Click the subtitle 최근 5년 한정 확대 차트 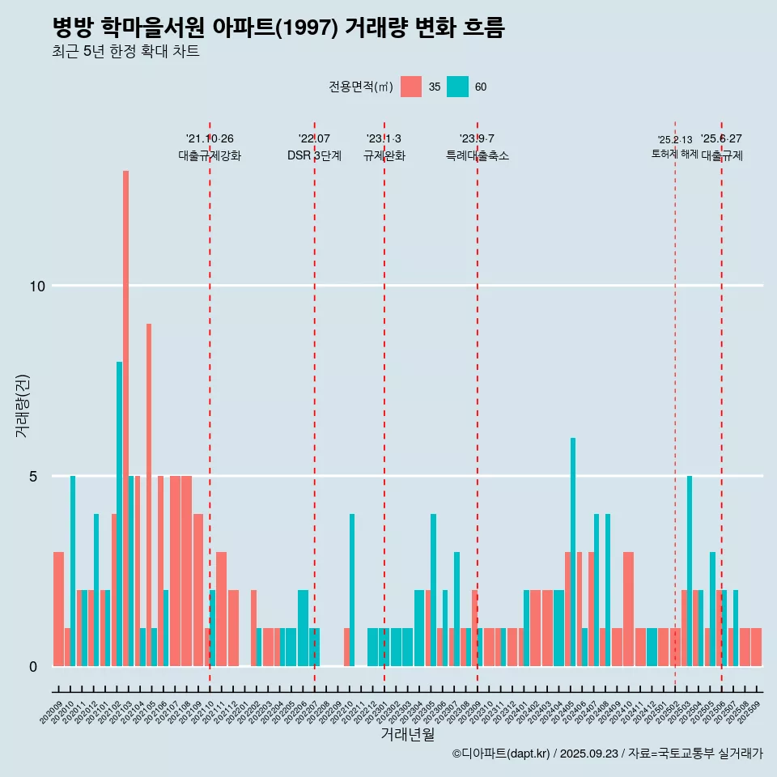[125, 52]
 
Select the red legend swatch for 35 [411, 87]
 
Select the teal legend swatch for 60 [457, 87]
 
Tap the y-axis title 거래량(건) [22, 405]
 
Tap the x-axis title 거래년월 [407, 735]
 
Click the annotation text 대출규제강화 [210, 155]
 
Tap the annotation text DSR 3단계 [314, 155]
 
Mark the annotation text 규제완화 [384, 155]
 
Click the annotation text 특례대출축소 [478, 155]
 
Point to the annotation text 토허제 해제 [674, 154]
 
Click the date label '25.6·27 [721, 139]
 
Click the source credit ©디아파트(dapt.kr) [502, 754]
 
